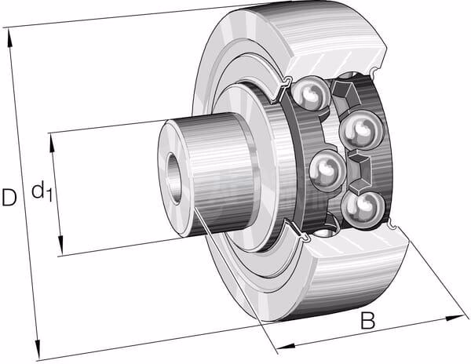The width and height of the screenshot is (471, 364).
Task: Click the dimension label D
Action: pos(9,197)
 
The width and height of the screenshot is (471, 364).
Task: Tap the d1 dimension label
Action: pos(42,191)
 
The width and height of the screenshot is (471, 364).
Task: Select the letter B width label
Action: pos(367,321)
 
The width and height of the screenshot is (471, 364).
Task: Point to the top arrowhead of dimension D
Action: pos(10,38)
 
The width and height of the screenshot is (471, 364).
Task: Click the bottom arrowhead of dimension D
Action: pos(37,350)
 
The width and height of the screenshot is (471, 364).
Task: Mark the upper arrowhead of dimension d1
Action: pos(53,143)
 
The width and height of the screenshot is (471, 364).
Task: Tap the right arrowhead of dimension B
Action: pos(455,318)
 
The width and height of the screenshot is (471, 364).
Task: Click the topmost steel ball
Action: pos(309,93)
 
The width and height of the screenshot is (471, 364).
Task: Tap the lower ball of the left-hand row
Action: pos(327,170)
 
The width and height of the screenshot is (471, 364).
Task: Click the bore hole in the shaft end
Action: pos(173,179)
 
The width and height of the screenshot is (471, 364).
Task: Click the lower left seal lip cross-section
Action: pos(297,231)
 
